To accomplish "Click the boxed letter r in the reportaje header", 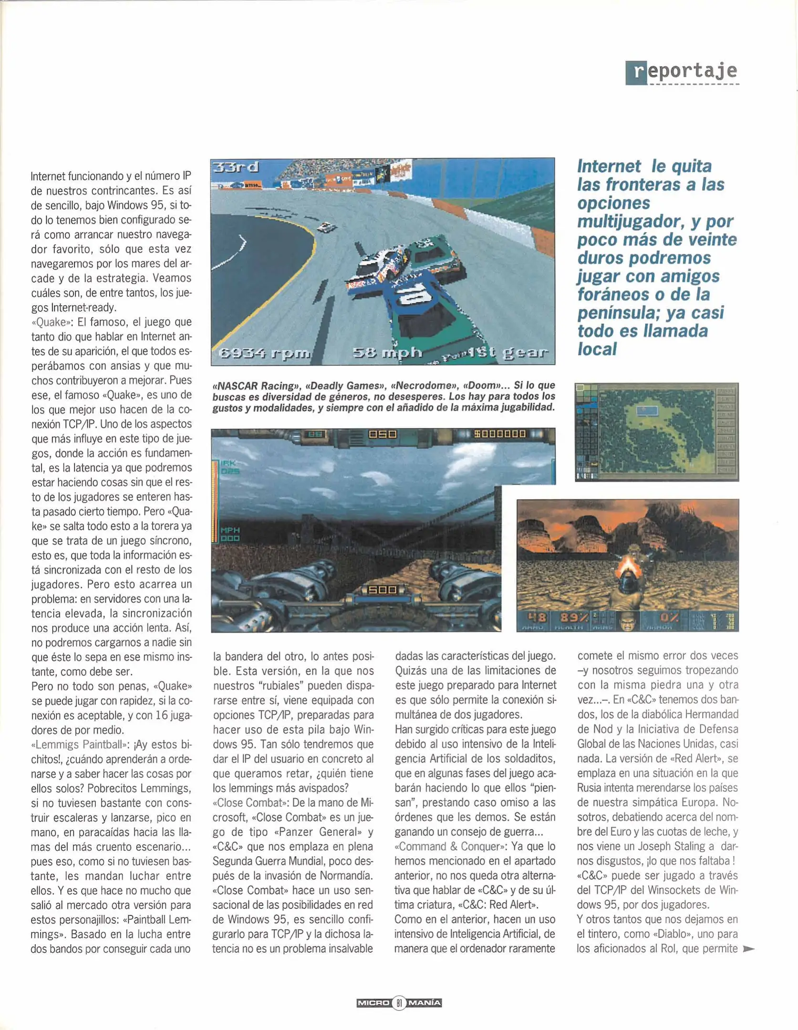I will coord(636,73).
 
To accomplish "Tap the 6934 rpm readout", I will coord(264,353).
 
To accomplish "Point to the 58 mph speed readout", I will coord(387,352).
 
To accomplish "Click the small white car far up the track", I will coord(326,227).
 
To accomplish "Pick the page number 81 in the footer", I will coord(399,1003).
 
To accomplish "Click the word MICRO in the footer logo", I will coord(373,1003).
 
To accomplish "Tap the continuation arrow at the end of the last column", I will coord(749,949).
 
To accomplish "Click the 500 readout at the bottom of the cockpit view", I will coord(383,590).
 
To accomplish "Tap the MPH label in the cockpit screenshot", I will coord(230,530).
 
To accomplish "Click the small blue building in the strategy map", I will coord(647,410).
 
